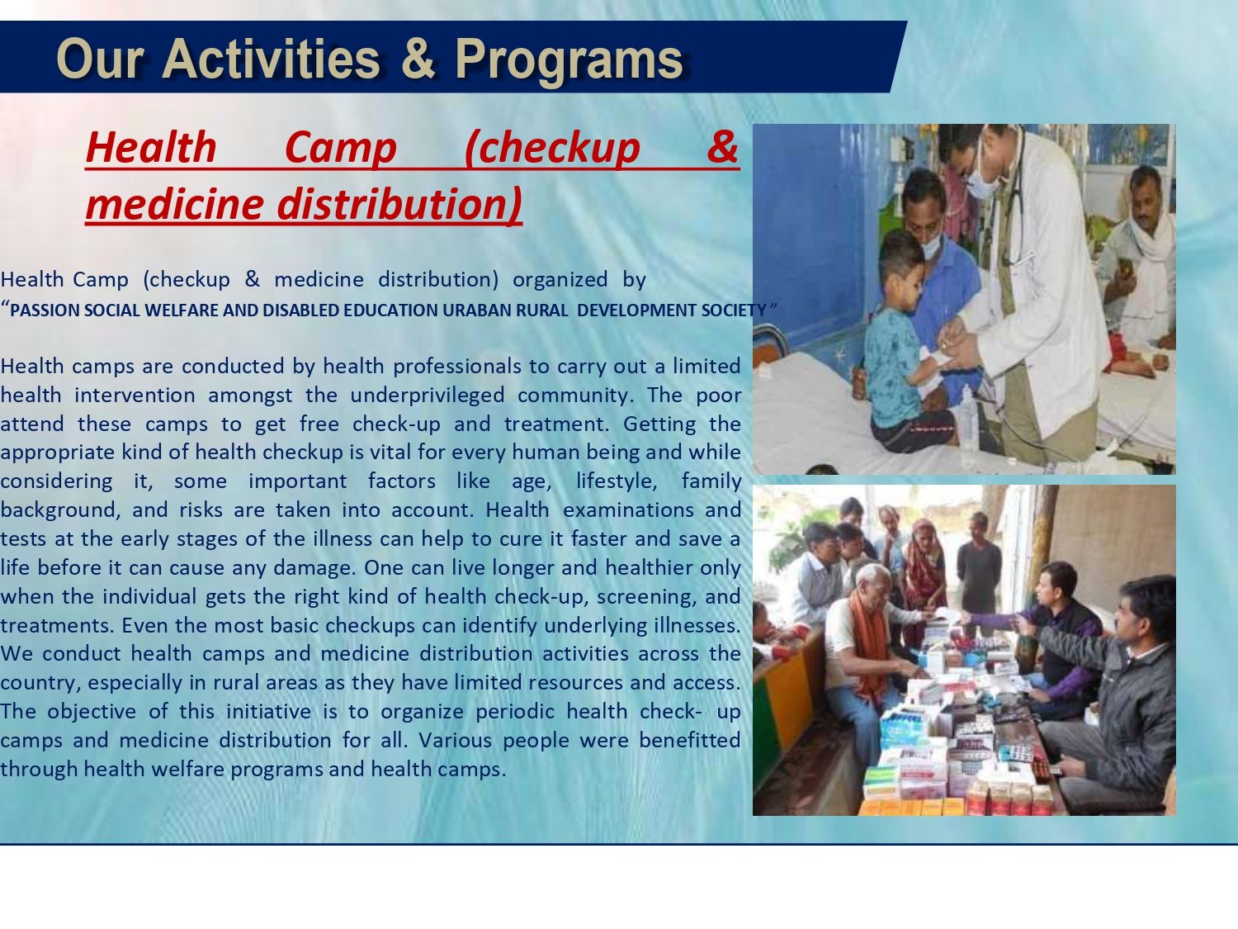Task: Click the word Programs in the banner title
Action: [x=569, y=59]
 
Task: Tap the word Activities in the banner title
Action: [x=272, y=59]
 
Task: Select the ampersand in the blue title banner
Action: [x=418, y=59]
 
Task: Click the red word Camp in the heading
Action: [x=341, y=148]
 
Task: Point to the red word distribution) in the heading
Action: [x=400, y=204]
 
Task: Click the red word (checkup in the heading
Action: [x=552, y=148]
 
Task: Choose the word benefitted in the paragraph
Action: [x=689, y=740]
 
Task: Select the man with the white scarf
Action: [x=1136, y=265]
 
